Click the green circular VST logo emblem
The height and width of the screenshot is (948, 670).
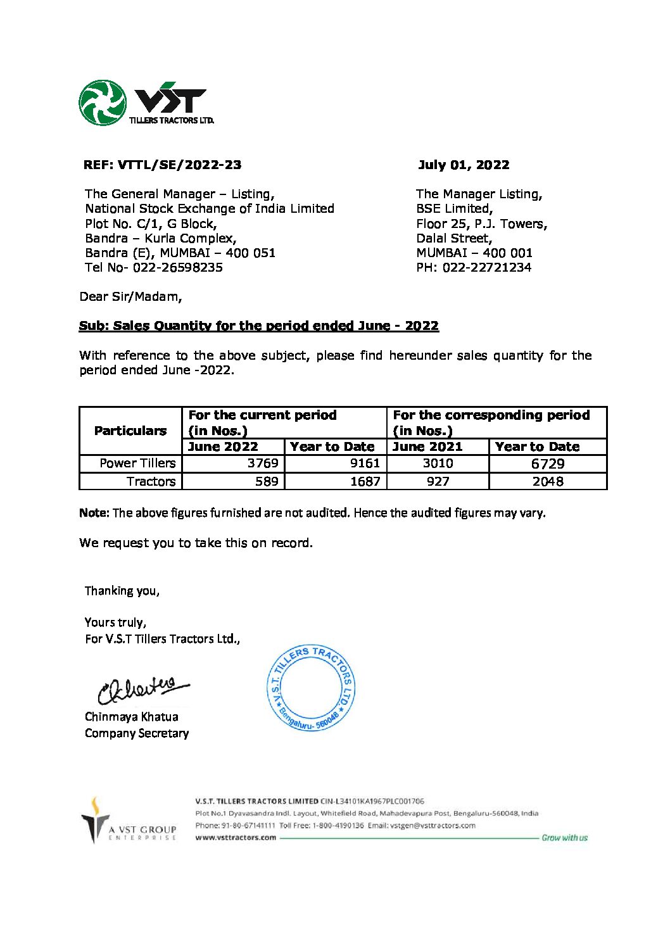point(103,103)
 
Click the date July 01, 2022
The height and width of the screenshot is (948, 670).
point(464,165)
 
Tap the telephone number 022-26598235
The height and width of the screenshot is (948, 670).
point(177,267)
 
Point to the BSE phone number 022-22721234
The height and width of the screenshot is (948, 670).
point(487,267)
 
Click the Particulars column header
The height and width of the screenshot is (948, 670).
point(130,431)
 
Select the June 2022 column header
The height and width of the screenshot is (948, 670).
point(224,446)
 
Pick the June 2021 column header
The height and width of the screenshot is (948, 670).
point(428,446)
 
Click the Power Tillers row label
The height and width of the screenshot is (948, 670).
point(137,463)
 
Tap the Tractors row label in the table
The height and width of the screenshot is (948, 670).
point(151,481)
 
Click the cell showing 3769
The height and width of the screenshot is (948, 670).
point(263,463)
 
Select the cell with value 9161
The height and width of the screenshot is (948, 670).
point(365,463)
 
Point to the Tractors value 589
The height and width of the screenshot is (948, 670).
point(267,481)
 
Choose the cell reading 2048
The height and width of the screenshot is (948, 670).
point(548,481)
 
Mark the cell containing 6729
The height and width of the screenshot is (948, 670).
point(548,464)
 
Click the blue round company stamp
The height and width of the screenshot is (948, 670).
point(311,688)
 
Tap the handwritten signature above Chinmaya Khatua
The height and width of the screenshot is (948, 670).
point(142,689)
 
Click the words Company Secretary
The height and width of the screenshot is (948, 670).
point(137,733)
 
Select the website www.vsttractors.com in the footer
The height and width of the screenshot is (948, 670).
point(236,837)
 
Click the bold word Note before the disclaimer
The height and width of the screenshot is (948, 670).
point(94,513)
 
